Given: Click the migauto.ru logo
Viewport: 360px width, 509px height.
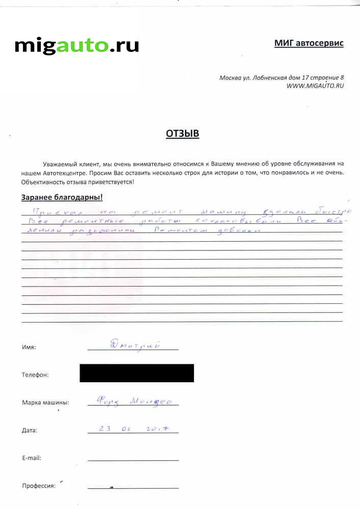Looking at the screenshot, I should [x=77, y=45].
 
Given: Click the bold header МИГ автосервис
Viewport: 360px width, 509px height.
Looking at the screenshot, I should [x=309, y=43].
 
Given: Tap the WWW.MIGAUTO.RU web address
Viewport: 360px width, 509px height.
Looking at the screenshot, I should [x=315, y=86].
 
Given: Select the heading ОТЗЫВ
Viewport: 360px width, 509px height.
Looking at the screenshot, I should [x=182, y=134].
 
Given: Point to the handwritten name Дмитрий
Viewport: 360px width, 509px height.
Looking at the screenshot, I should [x=132, y=345].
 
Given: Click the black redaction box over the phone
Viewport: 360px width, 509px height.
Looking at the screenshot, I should [x=136, y=373].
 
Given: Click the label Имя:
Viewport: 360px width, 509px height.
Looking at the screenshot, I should [x=29, y=347].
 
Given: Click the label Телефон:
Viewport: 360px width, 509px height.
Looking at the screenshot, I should [x=35, y=375].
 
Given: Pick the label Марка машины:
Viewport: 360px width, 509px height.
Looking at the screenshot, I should [x=45, y=403].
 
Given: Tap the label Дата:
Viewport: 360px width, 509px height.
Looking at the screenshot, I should [x=30, y=431].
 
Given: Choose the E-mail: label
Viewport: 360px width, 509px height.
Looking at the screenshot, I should [x=32, y=458].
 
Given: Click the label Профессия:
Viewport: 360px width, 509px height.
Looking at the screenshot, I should [x=39, y=486].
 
